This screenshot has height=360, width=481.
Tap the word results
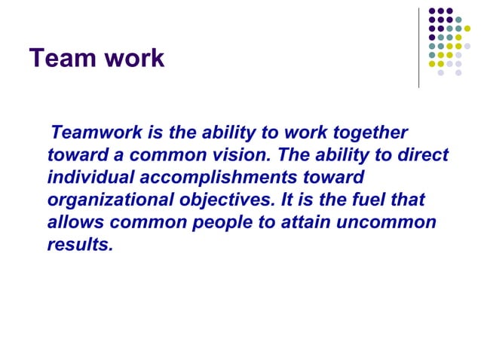tap(79, 246)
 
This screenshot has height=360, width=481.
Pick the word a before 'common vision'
tap(116, 156)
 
